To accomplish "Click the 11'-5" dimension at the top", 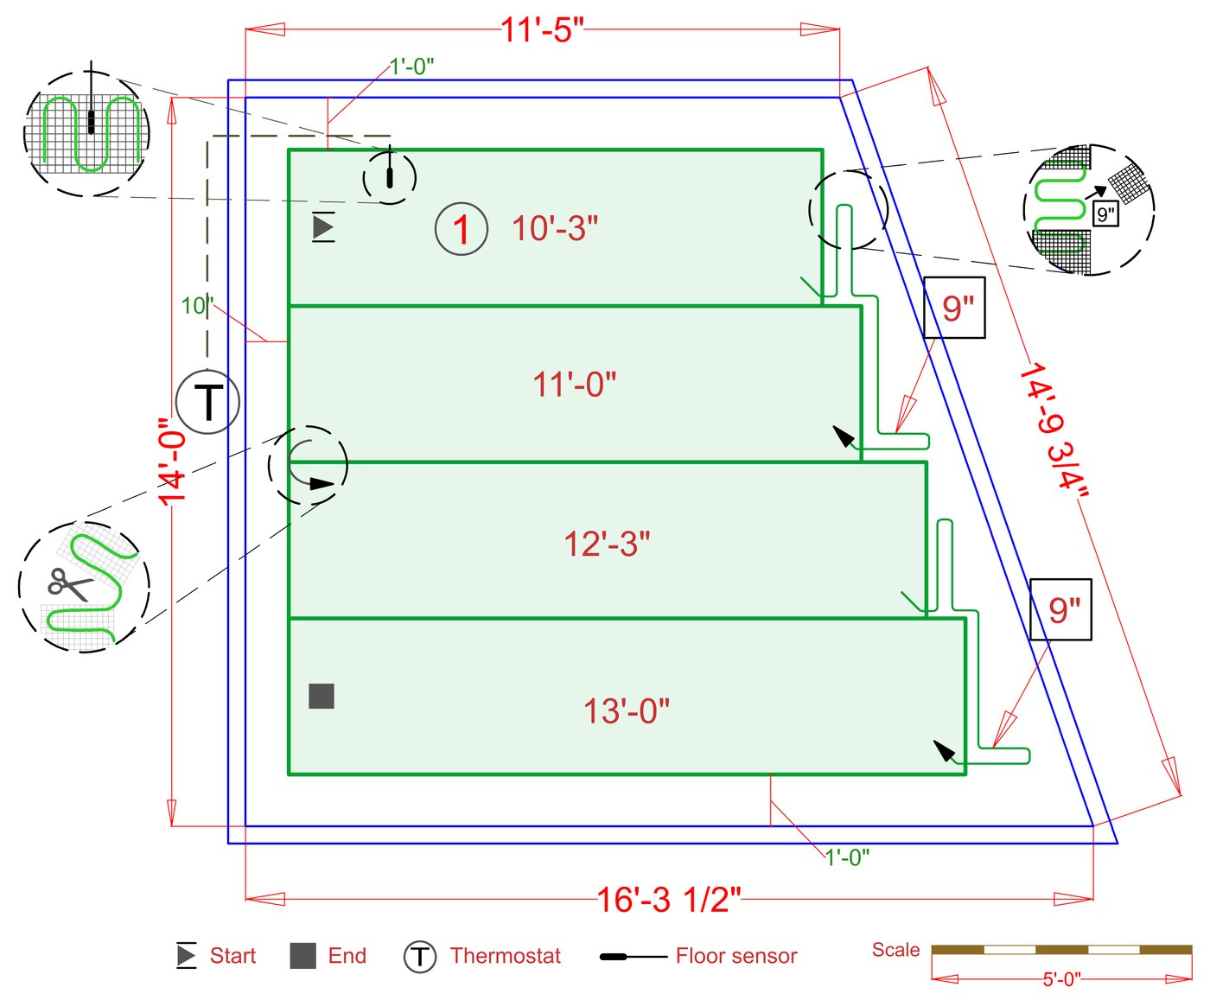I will coord(543,30).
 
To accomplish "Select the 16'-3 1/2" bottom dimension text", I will coord(669,900).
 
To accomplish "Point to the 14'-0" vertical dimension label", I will coord(173,462).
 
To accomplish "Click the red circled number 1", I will coord(462,229).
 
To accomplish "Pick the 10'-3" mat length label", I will coord(555,229).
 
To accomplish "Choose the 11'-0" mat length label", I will coord(575,385).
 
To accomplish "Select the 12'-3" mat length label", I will coord(607,545).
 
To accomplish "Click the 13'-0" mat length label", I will coord(627,711).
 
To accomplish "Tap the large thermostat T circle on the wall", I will coord(207,402).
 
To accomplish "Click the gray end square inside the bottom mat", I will coord(322,696).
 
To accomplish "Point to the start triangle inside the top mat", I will coord(323,227).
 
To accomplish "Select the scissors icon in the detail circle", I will coord(69,584).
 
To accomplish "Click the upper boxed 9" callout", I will coord(955,308).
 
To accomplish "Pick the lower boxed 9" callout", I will coord(1061,610).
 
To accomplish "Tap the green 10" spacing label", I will coord(196,306).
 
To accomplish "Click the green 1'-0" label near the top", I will coord(411,67).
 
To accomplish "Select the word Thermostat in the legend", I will coord(505,956).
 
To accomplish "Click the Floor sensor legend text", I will coord(736,956).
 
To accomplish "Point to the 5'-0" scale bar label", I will coord(1061,979).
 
